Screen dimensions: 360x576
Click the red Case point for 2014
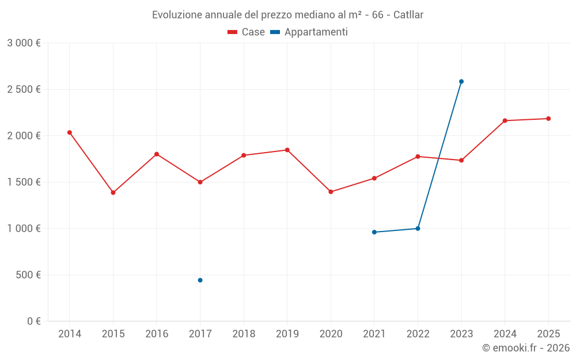click(70, 132)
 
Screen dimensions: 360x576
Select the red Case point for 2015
click(113, 192)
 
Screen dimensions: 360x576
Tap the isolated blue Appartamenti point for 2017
click(200, 280)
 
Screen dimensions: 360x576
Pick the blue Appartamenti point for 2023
click(461, 81)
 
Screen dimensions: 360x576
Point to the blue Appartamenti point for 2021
click(374, 232)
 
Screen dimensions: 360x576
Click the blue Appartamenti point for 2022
click(418, 229)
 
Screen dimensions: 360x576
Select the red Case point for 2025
click(548, 119)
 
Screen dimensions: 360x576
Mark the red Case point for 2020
click(331, 192)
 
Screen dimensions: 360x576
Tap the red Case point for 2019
click(287, 150)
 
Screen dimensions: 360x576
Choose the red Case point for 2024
click(505, 120)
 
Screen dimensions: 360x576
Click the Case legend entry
click(247, 32)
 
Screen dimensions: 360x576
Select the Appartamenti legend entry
click(309, 32)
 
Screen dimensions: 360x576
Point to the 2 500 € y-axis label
click(24, 89)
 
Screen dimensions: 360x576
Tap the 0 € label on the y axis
click(33, 321)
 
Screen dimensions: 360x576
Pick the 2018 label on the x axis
click(244, 334)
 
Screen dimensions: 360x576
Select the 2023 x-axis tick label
click(461, 334)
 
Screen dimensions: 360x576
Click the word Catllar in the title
click(408, 15)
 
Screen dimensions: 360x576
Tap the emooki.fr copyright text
click(525, 348)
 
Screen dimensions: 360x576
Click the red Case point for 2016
click(157, 154)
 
